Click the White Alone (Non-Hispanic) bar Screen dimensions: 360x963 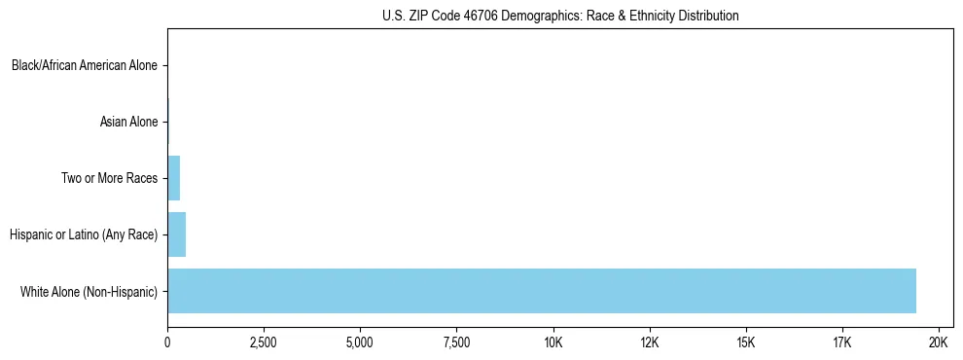[x=542, y=291]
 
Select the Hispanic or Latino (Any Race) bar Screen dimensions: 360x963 [x=176, y=234]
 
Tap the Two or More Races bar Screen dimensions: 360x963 [x=173, y=178]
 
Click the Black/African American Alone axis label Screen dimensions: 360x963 [x=85, y=66]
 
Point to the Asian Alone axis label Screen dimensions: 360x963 [x=128, y=123]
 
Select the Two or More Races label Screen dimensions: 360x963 [x=108, y=179]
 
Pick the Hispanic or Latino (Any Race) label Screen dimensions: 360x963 [x=83, y=234]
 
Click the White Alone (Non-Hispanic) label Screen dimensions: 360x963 [x=89, y=291]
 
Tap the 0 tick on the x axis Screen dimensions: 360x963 [x=167, y=342]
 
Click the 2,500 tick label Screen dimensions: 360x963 [x=264, y=342]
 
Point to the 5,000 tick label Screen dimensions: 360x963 [x=360, y=342]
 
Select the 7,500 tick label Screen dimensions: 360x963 [x=456, y=342]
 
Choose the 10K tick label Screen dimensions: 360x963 [x=553, y=342]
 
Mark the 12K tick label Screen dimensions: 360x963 [x=650, y=342]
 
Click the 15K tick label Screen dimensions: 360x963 [x=746, y=342]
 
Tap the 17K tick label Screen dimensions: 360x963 [x=842, y=342]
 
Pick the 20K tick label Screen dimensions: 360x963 [x=939, y=342]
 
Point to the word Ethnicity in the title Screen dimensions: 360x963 [x=645, y=17]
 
